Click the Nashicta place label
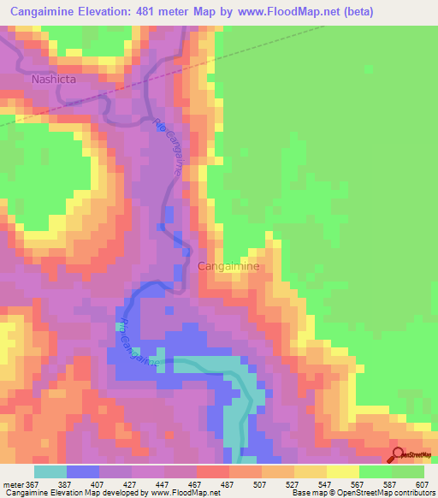click(53, 79)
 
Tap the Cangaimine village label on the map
click(228, 266)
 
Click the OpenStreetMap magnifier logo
click(397, 456)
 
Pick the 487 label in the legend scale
click(229, 484)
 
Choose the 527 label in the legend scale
click(294, 484)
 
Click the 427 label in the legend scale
click(132, 484)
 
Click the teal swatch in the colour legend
click(50, 471)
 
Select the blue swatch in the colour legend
click(83, 471)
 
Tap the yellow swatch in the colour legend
click(343, 471)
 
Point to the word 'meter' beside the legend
click(13, 484)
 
